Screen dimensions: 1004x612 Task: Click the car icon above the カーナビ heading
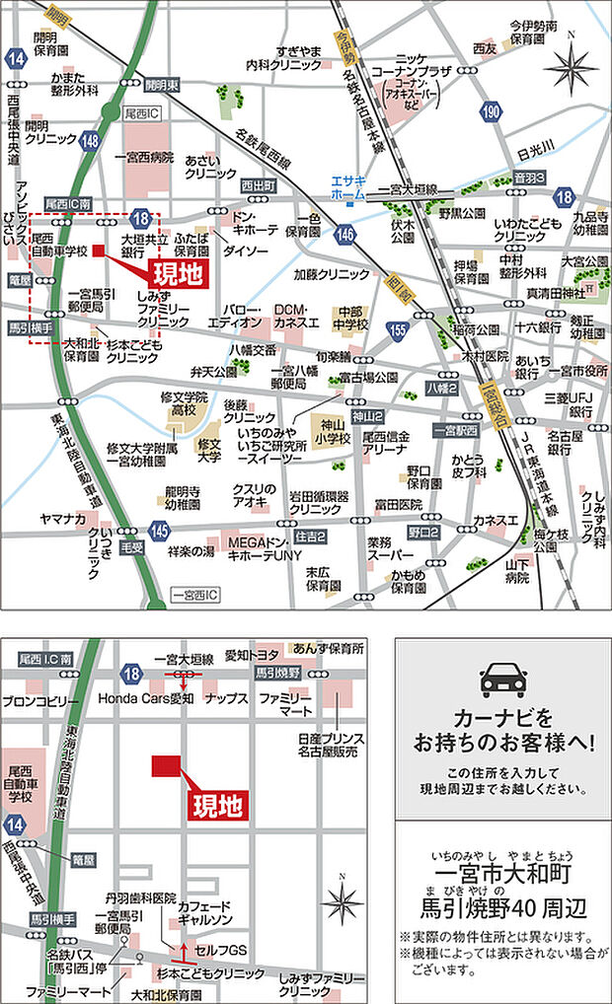coord(502,681)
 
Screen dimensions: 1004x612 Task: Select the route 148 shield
coord(91,141)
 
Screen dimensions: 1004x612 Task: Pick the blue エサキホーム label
coord(347,187)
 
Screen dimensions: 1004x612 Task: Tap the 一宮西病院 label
coord(143,157)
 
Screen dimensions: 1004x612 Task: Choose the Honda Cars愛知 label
coord(145,697)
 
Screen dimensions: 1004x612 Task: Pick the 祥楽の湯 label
coord(191,550)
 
